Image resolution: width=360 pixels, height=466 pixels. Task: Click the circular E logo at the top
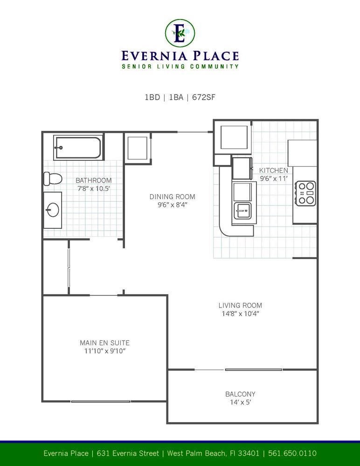click(180, 33)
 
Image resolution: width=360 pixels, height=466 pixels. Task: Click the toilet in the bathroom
click(53, 178)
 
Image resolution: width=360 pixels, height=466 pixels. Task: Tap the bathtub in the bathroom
click(78, 148)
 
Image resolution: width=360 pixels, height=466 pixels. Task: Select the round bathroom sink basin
click(53, 210)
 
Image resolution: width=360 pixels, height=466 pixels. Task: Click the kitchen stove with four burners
click(305, 193)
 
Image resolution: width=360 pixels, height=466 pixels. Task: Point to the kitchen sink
click(242, 211)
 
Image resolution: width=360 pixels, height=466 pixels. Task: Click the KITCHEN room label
click(273, 171)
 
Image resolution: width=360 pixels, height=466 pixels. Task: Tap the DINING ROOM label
click(172, 197)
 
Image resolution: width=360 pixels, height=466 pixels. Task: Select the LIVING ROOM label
click(241, 305)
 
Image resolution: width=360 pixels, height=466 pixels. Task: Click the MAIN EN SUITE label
click(105, 343)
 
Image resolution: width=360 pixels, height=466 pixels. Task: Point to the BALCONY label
click(241, 394)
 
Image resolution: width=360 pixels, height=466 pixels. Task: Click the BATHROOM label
click(94, 180)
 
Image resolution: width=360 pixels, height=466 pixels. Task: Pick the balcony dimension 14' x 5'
click(241, 403)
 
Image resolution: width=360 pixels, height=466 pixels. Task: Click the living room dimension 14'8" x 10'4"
click(241, 314)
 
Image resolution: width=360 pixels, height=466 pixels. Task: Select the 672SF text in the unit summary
click(203, 97)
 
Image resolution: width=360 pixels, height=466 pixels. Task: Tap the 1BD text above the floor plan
click(152, 97)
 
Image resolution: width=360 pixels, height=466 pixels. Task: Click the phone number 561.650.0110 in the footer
click(292, 453)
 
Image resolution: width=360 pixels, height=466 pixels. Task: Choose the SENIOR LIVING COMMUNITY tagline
click(180, 66)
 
